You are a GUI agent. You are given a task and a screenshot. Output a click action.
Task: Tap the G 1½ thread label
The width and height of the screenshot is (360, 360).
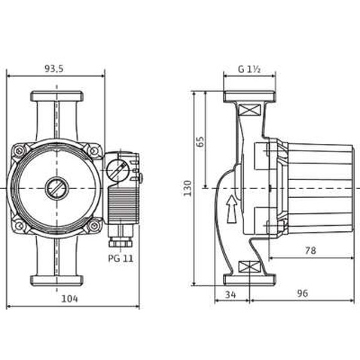249,69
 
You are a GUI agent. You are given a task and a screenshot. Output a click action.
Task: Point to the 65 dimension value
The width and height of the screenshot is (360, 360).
200,141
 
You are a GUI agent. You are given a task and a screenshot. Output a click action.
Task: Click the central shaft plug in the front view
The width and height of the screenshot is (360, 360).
55,188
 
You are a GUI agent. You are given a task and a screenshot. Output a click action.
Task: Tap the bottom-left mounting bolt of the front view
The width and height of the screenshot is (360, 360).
19,224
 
